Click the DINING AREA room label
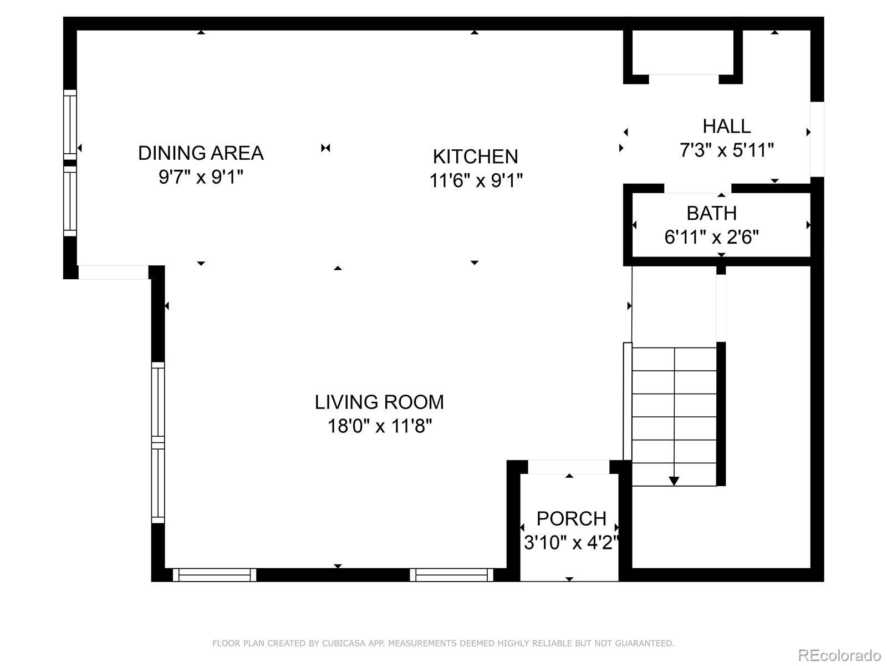pos(201,153)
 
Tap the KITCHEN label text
pos(475,157)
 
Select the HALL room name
pos(727,127)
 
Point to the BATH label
pos(712,214)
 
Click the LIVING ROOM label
pos(379,402)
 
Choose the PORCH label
pos(572,519)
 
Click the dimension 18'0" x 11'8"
pos(379,426)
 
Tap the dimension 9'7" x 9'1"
pos(201,177)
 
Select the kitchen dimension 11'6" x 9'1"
pos(476,180)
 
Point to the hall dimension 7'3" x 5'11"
pos(727,150)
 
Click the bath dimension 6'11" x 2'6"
pos(712,238)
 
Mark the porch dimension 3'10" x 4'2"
pos(572,543)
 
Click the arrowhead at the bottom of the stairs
pos(674,481)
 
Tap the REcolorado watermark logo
pos(839,655)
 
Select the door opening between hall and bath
pos(697,189)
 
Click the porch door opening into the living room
pos(569,467)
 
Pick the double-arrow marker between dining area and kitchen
pos(325,148)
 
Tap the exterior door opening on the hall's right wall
pos(817,139)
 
